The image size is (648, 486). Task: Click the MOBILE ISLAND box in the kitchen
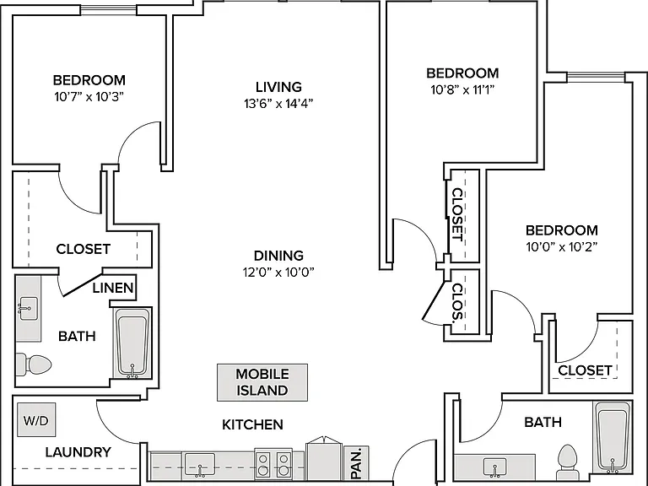tap(262, 382)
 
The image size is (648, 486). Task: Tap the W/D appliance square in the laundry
tap(36, 420)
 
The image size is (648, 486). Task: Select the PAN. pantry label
tap(356, 463)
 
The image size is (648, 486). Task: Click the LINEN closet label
tap(113, 288)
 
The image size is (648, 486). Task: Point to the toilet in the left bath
tap(35, 364)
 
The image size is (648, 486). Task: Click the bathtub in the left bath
tap(132, 343)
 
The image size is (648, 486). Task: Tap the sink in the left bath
tap(28, 308)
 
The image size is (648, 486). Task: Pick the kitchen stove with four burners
tap(273, 464)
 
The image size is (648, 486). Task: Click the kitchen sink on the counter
tap(200, 465)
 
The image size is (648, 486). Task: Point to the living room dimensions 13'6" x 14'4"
tap(278, 103)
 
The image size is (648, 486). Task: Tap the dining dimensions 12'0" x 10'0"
tap(278, 272)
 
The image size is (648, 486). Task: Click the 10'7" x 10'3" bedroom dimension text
tap(89, 97)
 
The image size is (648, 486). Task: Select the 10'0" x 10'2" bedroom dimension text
tap(562, 246)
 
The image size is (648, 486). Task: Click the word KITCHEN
tap(252, 424)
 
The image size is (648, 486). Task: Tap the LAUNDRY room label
tap(78, 452)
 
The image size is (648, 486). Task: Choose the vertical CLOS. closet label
tap(457, 302)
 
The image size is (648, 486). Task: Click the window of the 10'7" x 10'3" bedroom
tap(108, 10)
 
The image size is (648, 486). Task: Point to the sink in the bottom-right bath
tap(494, 467)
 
